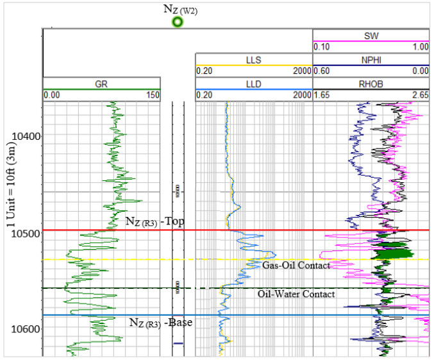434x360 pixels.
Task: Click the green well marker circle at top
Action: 178,22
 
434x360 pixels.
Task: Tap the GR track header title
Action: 101,83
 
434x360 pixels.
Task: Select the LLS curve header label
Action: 254,60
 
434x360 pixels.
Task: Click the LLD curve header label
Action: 254,83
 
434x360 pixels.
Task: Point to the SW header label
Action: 371,37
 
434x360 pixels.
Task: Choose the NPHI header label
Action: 371,60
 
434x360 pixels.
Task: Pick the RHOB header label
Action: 371,83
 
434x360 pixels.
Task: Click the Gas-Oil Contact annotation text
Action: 296,265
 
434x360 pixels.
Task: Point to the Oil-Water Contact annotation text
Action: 296,295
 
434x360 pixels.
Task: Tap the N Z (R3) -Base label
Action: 160,322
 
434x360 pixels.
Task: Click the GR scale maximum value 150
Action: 152,95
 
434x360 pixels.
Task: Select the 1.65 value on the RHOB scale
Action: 322,95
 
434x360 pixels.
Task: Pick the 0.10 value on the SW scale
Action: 322,47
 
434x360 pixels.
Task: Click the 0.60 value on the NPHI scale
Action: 322,71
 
